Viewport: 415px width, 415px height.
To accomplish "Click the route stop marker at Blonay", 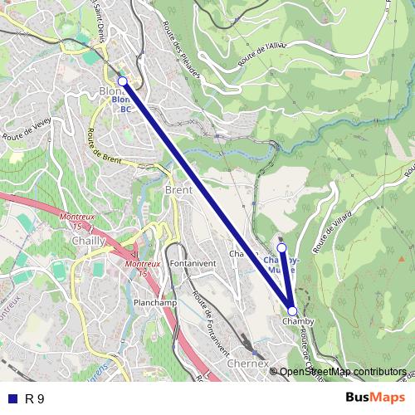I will point(123,81).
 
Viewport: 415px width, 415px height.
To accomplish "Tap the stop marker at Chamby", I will point(291,310).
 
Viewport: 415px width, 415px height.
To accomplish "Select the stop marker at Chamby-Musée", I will point(281,247).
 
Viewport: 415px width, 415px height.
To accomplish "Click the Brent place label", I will point(178,190).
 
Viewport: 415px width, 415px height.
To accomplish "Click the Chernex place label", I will point(247,364).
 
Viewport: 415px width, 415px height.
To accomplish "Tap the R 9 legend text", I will point(35,399).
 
